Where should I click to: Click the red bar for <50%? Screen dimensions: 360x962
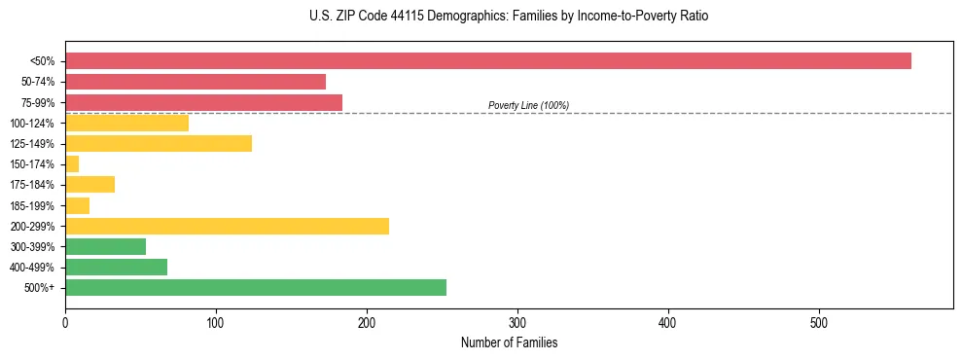coord(487,61)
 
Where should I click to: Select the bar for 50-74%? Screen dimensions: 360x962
coord(196,82)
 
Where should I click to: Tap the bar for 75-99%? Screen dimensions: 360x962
coord(203,102)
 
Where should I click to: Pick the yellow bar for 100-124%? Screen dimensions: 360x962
coord(126,123)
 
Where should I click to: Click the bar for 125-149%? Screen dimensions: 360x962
coord(159,143)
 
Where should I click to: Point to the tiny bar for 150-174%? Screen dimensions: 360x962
coord(72,163)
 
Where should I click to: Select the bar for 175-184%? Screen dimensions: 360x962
coord(89,184)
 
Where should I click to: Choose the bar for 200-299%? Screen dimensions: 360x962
coord(227,226)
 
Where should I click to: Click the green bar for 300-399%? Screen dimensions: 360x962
coord(105,246)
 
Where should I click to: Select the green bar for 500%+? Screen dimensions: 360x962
coord(256,287)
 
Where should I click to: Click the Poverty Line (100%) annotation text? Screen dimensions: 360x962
coord(528,105)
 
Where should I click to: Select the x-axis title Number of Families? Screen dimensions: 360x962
coord(509,342)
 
